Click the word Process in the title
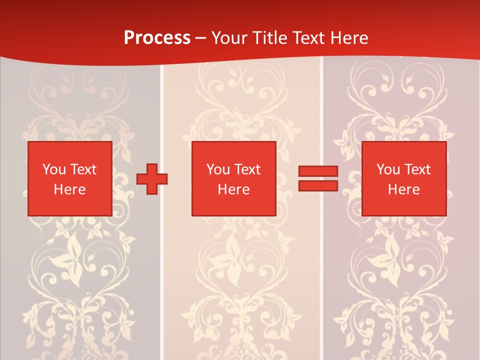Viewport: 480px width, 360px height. coord(157,38)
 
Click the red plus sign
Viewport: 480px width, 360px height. coord(152,178)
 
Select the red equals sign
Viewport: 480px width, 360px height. coord(318,178)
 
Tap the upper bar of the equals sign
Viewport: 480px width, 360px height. coord(318,171)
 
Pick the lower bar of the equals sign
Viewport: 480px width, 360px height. coord(318,186)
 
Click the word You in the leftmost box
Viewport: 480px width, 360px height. coord(54,169)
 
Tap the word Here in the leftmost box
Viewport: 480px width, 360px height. coord(69,189)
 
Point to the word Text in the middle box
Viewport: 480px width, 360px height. coord(247,169)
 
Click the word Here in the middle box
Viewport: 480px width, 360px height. coord(233,189)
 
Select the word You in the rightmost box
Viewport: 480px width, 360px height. coord(388,169)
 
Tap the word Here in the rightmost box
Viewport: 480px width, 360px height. coord(403,189)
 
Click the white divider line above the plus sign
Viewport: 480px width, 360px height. coord(162,110)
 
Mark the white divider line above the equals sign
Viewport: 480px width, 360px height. coord(321,110)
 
